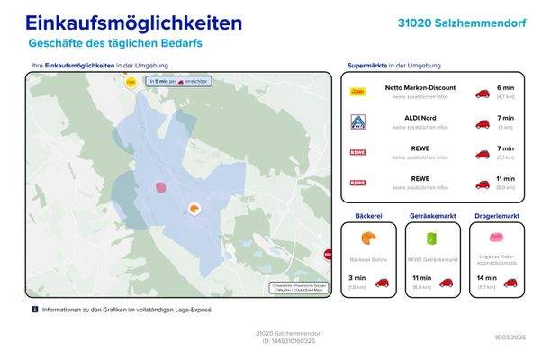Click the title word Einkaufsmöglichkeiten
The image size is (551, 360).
click(133, 22)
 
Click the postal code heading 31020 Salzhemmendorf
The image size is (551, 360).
click(462, 22)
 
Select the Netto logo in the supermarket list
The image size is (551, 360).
click(357, 92)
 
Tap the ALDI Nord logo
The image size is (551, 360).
click(357, 121)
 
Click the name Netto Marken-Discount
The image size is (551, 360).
click(420, 88)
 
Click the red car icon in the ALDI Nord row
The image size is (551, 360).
click(483, 123)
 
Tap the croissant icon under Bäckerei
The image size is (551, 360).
click(368, 238)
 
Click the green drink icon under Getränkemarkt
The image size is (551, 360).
click(431, 238)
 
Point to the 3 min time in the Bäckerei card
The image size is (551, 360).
click(357, 278)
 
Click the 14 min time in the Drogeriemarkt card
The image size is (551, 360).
click(485, 278)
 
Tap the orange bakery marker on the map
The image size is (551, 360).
click(194, 210)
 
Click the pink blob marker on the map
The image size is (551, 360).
click(161, 187)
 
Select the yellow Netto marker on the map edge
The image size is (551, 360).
click(131, 82)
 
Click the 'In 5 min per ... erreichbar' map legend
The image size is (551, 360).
click(179, 81)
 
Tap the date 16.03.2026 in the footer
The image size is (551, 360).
click(510, 337)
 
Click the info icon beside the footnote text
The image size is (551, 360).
click(35, 309)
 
